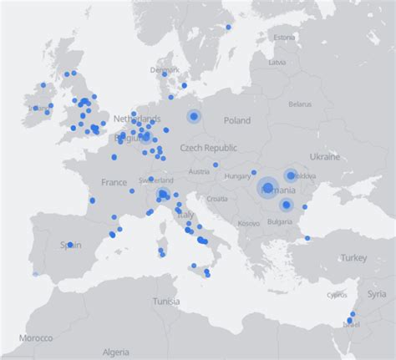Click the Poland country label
236,120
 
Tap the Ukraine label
325,157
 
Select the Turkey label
353,259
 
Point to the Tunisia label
166,301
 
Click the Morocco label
36,337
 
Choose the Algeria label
115,352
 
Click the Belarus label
299,104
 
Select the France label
114,182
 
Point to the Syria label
377,295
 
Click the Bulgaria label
280,221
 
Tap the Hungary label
238,176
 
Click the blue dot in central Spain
70,245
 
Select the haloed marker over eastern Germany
194,116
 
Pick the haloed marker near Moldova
291,175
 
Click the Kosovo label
249,224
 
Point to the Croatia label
217,199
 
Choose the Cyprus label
338,295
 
